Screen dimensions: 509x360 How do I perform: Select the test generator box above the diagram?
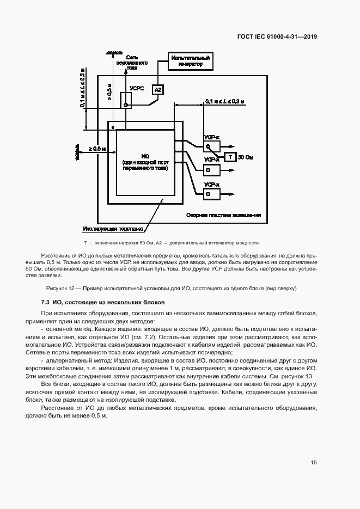(190, 60)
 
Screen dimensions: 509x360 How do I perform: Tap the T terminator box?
(230, 157)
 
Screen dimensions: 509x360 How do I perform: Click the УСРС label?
(137, 89)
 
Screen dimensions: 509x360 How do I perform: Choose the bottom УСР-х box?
(211, 194)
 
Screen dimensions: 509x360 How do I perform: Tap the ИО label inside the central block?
(145, 156)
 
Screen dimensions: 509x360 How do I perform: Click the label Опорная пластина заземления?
(223, 215)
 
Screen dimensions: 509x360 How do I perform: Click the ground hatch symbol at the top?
(113, 52)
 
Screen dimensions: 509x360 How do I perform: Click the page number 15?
(314, 463)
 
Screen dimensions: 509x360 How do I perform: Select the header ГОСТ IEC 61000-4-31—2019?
(277, 37)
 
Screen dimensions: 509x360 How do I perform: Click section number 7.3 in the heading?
(46, 302)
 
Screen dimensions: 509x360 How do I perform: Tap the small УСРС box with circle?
(126, 103)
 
